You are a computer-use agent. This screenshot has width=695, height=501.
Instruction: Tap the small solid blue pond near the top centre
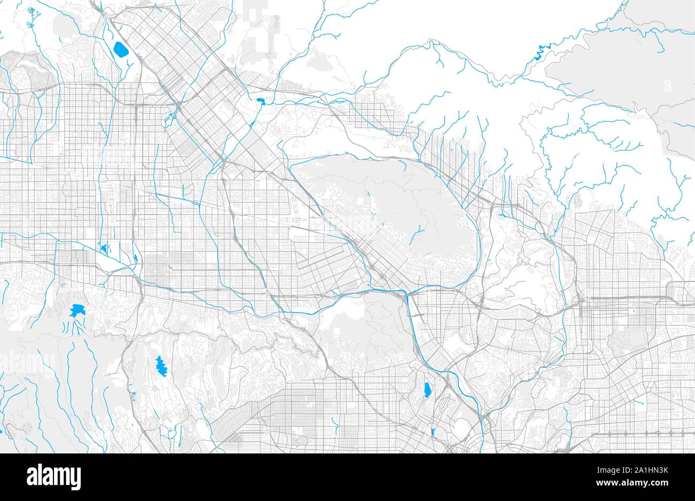(x=261, y=101)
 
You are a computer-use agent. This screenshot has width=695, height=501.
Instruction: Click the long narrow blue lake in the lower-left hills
(x=160, y=366)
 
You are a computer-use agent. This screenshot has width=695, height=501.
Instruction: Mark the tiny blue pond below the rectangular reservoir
(x=431, y=430)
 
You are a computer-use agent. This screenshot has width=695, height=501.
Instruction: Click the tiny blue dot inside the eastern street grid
(x=634, y=310)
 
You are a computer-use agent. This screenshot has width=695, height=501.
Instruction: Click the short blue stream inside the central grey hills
(x=419, y=231)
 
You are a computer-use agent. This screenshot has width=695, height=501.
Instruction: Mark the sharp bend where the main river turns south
(x=408, y=295)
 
